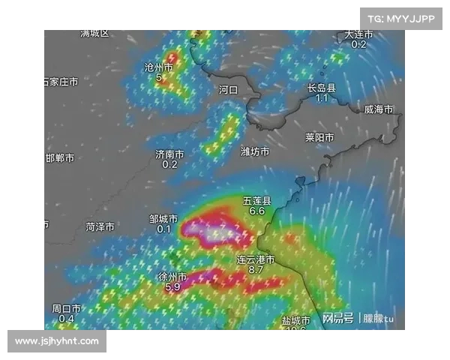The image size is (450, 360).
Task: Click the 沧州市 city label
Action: pyautogui.click(x=158, y=67)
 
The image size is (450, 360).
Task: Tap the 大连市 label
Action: pyautogui.click(x=358, y=34)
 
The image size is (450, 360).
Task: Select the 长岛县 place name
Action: pyautogui.click(x=321, y=88)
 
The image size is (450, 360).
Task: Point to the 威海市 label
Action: pyautogui.click(x=379, y=109)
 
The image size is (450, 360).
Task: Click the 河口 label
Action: pyautogui.click(x=228, y=89)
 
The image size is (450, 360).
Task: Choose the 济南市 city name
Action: pyautogui.click(x=169, y=154)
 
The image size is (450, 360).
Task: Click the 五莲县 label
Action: pyautogui.click(x=256, y=201)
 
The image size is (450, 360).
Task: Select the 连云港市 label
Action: pyautogui.click(x=256, y=259)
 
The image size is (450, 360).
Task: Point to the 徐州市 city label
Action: pyautogui.click(x=172, y=277)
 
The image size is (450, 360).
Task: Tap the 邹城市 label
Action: pyautogui.click(x=163, y=219)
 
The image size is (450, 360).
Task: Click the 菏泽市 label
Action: pyautogui.click(x=100, y=226)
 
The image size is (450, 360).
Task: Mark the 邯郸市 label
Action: pyautogui.click(x=60, y=158)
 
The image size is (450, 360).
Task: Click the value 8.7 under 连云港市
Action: pyautogui.click(x=256, y=269)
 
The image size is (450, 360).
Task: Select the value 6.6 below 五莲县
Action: pyautogui.click(x=256, y=211)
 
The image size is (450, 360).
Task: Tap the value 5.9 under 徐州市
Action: pyautogui.click(x=172, y=286)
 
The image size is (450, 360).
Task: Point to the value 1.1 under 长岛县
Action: pyautogui.click(x=321, y=98)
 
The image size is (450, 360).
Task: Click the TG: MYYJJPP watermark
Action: pyautogui.click(x=400, y=19)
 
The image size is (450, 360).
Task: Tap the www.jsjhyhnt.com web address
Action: pyautogui.click(x=57, y=341)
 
